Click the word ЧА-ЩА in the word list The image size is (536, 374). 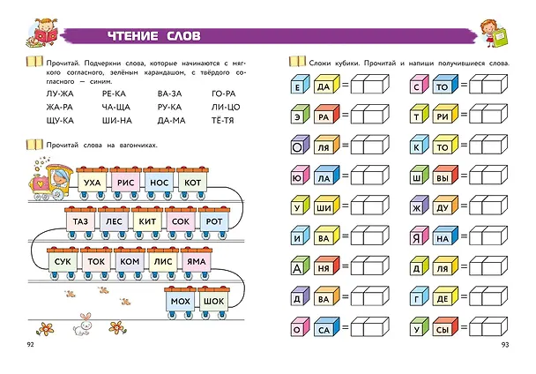(115, 107)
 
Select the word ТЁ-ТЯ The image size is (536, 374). (222, 120)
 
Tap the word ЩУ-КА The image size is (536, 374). (60, 121)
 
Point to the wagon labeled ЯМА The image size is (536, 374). (197, 262)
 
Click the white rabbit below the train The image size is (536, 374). (82, 324)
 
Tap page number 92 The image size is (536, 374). (31, 345)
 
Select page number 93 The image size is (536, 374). (505, 345)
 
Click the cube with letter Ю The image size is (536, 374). (300, 176)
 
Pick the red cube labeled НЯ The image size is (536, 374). (326, 266)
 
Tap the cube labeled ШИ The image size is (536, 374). (326, 206)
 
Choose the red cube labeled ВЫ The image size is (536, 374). (445, 176)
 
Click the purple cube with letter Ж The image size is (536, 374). (419, 206)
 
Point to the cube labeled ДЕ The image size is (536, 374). (445, 296)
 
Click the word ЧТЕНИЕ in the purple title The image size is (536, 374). (133, 36)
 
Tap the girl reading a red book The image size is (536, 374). (42, 33)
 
